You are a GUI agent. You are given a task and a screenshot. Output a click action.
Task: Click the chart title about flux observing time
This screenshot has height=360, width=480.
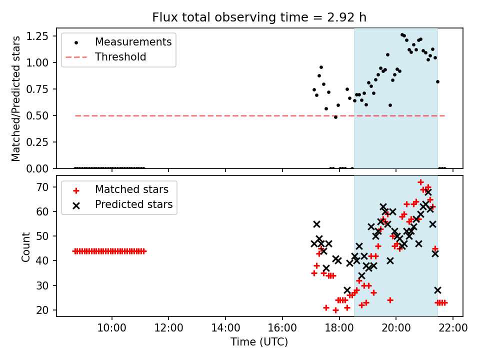(259, 17)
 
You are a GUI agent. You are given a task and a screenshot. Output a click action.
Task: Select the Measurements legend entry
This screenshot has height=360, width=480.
(133, 41)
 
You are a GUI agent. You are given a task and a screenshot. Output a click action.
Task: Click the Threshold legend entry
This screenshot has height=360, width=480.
(120, 57)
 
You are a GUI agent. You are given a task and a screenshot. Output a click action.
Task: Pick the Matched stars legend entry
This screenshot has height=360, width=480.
(131, 189)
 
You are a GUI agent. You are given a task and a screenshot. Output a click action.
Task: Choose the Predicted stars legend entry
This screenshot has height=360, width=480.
(133, 204)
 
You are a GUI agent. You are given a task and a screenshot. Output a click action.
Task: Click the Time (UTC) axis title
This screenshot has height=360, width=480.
(259, 342)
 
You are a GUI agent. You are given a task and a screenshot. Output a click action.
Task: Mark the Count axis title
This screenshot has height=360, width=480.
(26, 246)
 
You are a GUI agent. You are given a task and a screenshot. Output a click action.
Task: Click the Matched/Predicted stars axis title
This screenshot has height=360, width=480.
(16, 98)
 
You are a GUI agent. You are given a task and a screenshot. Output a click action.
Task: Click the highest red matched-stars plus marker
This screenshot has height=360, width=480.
(420, 182)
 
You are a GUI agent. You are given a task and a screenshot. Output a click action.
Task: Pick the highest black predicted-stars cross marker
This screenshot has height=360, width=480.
(428, 192)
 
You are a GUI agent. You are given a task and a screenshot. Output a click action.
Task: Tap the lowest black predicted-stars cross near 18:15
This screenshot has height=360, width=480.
(347, 290)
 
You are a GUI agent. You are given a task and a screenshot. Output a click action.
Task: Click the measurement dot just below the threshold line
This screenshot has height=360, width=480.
(335, 117)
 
